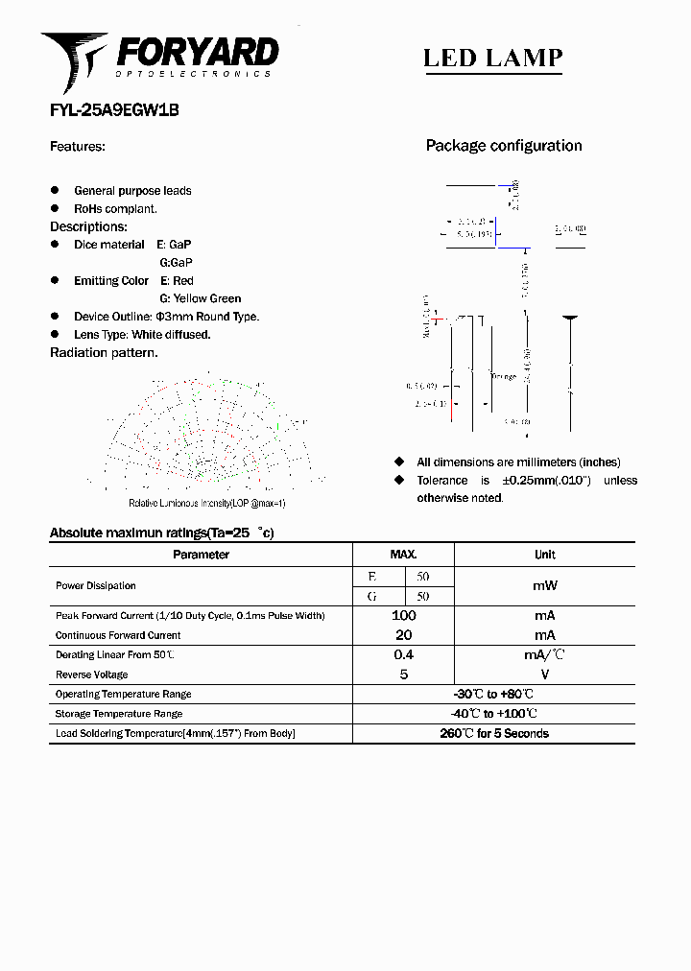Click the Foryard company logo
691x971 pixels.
(x=159, y=59)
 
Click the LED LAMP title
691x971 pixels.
(x=492, y=58)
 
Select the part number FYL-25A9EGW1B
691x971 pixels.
(x=114, y=110)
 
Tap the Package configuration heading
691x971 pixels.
(x=504, y=146)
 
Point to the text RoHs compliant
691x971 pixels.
(x=115, y=208)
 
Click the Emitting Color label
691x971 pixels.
(x=111, y=281)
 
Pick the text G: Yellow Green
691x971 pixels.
(x=201, y=298)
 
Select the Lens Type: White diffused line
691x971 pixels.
(x=142, y=335)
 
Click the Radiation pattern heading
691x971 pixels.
(x=104, y=353)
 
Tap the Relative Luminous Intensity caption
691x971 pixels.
(x=207, y=504)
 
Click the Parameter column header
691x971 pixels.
(x=201, y=555)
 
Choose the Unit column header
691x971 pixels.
(x=544, y=555)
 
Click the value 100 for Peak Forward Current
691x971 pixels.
(x=403, y=615)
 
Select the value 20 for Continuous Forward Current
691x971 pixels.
(x=403, y=635)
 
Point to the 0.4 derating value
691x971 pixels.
(x=403, y=654)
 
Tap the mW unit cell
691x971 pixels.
(x=544, y=585)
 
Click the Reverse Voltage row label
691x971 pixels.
(x=92, y=675)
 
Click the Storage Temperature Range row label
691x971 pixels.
(x=119, y=714)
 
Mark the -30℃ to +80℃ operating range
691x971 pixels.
(x=493, y=694)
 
